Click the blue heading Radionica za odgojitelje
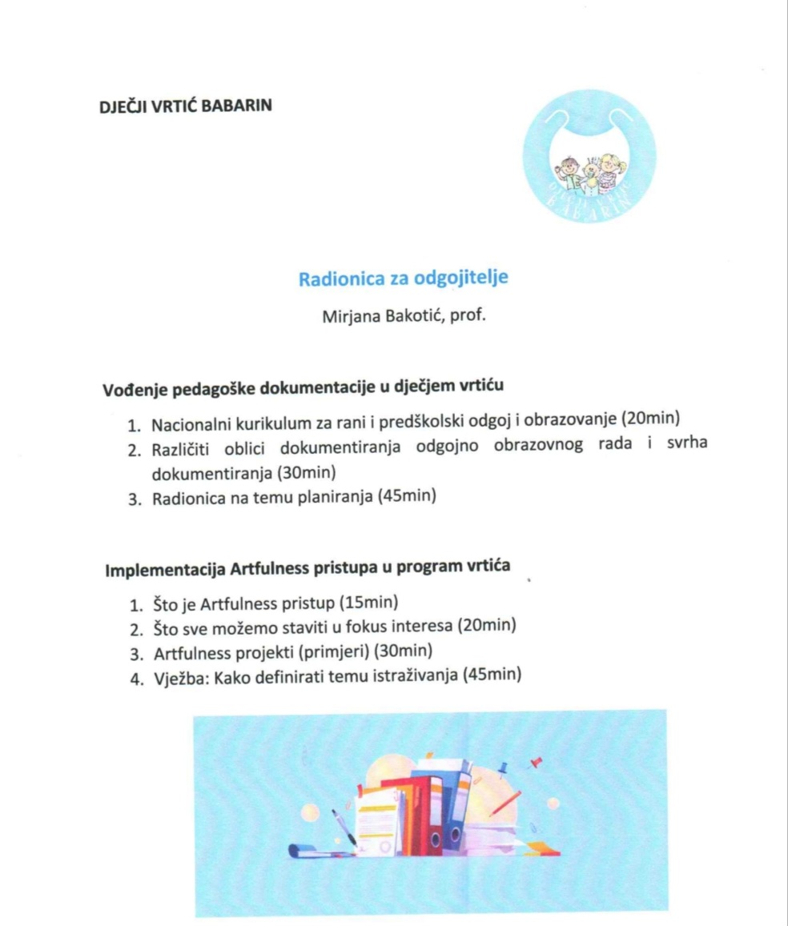point(404,279)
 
